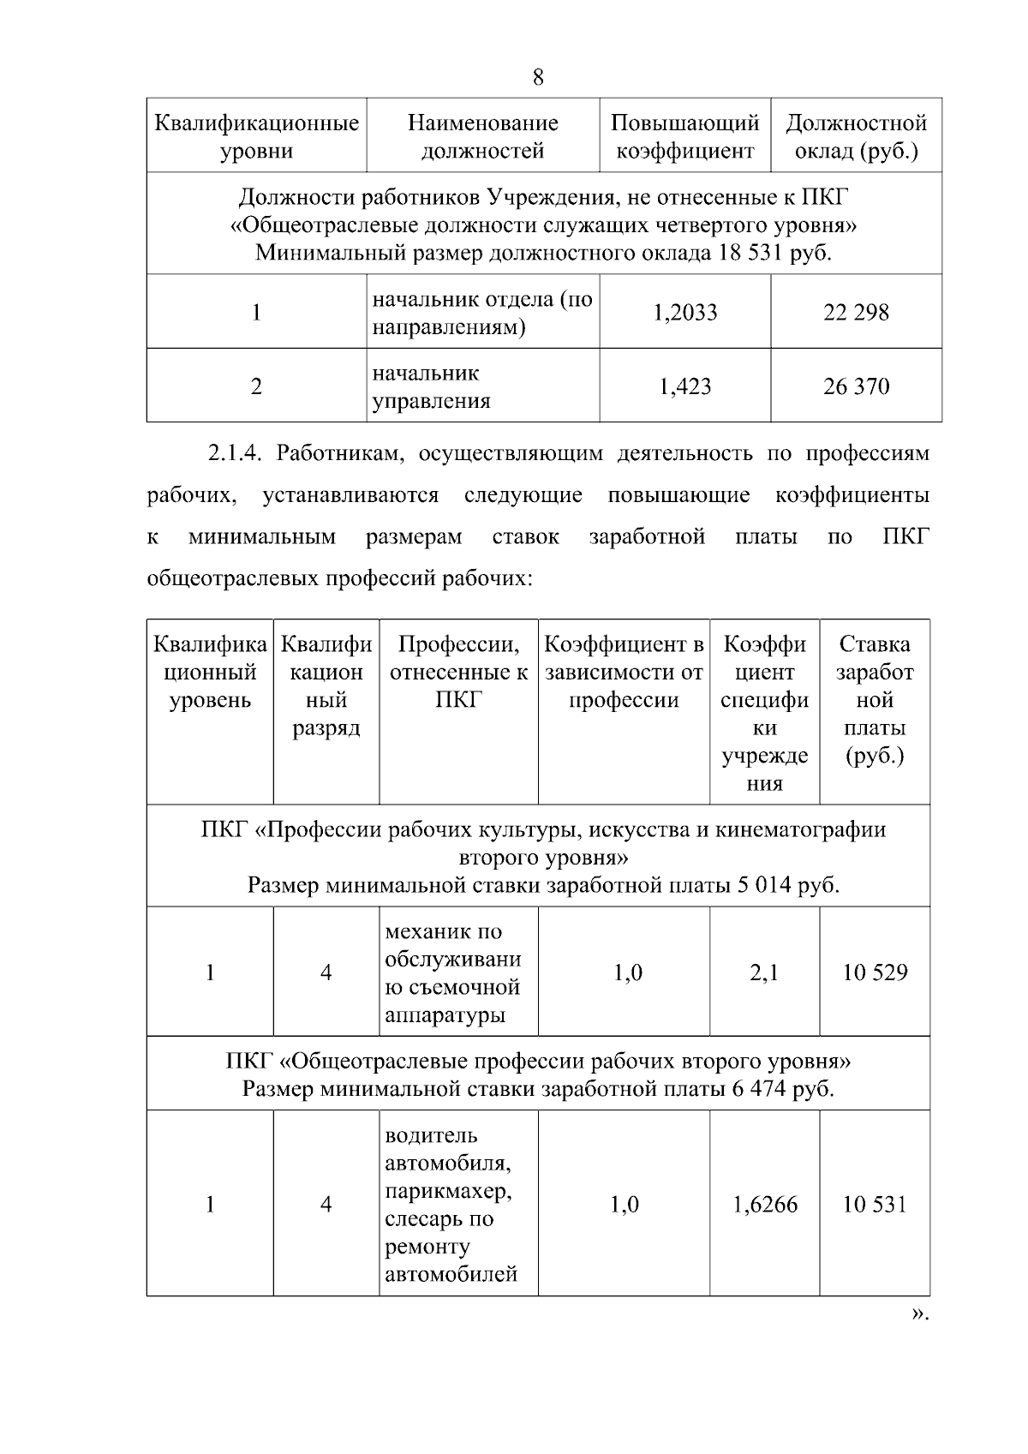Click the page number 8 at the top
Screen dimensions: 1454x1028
click(x=538, y=78)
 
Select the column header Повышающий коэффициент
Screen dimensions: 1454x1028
click(x=684, y=137)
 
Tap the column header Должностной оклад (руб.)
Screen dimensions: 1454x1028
click(x=856, y=137)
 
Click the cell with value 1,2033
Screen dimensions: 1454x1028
click(x=684, y=313)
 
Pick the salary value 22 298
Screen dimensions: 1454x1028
click(x=856, y=313)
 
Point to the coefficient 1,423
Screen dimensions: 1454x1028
click(x=684, y=386)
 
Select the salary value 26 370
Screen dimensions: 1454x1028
click(x=856, y=386)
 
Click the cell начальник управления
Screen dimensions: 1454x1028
click(x=431, y=387)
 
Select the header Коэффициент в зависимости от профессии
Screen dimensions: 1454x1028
click(x=624, y=672)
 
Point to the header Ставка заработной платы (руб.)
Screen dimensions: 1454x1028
click(x=875, y=700)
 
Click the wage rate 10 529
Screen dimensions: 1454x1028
click(x=875, y=972)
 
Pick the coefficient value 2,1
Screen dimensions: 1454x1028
click(x=763, y=972)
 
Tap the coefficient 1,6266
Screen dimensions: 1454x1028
click(x=764, y=1205)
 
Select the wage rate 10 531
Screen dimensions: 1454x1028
click(x=875, y=1205)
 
